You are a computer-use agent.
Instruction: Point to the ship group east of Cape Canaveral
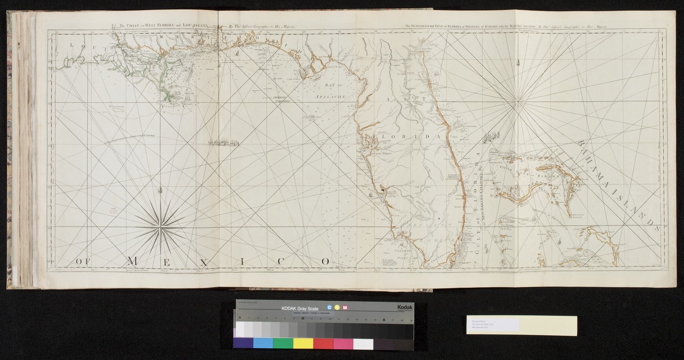click(x=495, y=135)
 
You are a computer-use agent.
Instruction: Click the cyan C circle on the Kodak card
click(x=330, y=307)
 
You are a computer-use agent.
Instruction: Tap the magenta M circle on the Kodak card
click(x=345, y=307)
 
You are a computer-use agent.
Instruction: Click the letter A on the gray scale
click(x=239, y=318)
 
